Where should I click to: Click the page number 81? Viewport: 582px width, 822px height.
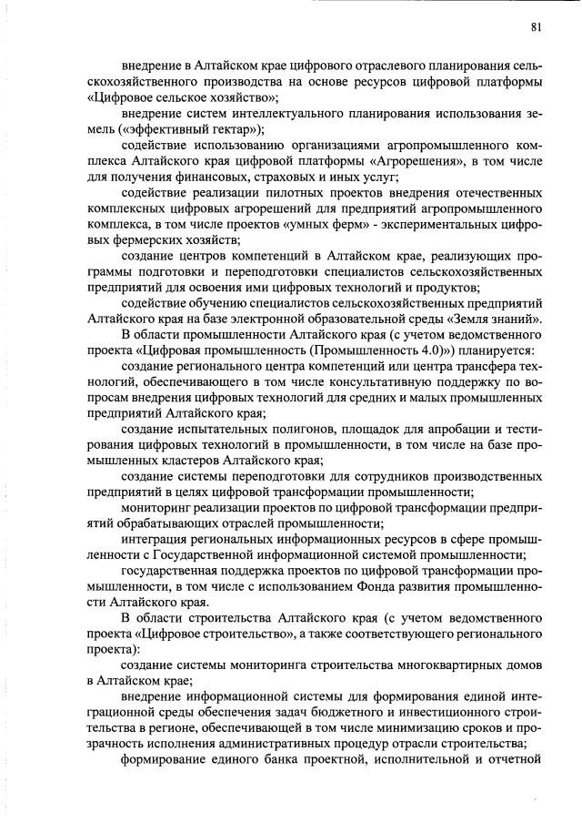coord(537,26)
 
